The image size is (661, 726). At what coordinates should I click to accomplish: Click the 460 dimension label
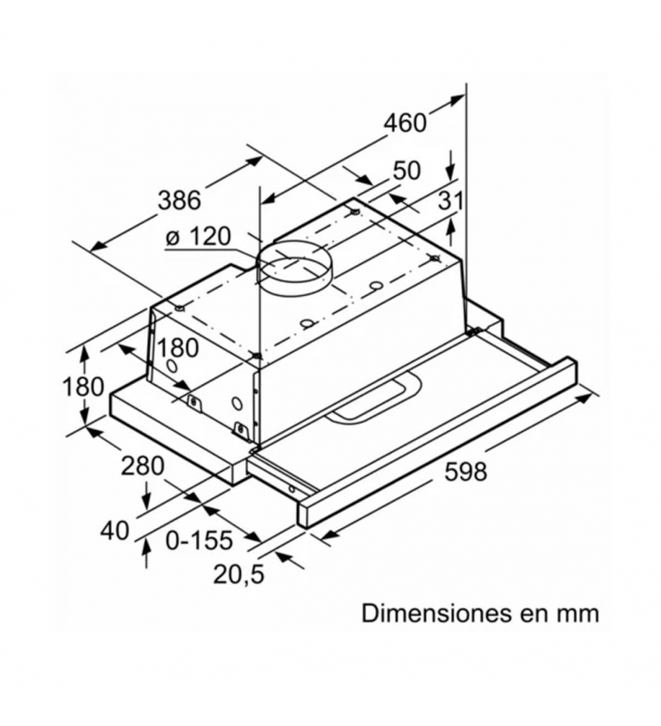pos(405,123)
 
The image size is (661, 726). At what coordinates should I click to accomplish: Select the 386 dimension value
pos(179,201)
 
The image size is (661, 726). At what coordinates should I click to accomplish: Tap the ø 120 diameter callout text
pos(198,237)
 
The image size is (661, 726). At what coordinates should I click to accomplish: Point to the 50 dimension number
pos(407,171)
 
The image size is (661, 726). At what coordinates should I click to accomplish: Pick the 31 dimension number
pos(450,201)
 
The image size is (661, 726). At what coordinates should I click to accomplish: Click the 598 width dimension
pos(466,472)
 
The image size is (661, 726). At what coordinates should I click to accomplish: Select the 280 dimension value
pos(143,466)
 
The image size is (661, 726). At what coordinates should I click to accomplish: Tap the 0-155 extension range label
pos(199,540)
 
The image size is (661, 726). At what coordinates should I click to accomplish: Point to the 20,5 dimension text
pos(239,574)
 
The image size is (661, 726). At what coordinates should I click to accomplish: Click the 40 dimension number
pos(115,530)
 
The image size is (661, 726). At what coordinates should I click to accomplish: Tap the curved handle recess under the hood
pos(374,398)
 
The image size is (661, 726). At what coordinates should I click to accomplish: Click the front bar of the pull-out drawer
pos(438,443)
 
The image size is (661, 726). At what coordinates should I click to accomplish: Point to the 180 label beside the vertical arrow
pos(84,387)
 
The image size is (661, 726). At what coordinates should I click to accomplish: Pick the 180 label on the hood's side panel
pos(177,348)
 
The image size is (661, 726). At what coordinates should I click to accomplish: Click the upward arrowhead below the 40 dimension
pos(147,546)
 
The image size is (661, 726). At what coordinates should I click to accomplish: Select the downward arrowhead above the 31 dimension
pos(450,173)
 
